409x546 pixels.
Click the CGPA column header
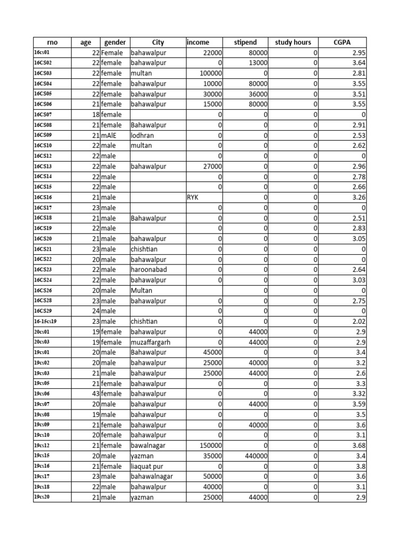click(x=342, y=42)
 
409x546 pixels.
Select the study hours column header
click(x=292, y=42)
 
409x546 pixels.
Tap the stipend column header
click(x=245, y=42)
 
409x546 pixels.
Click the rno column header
click(x=52, y=42)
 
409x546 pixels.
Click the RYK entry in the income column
click(x=192, y=197)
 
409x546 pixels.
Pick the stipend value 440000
click(x=256, y=456)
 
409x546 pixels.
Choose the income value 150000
click(x=211, y=446)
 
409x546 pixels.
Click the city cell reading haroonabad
click(x=149, y=270)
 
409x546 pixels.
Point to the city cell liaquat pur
click(x=149, y=467)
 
